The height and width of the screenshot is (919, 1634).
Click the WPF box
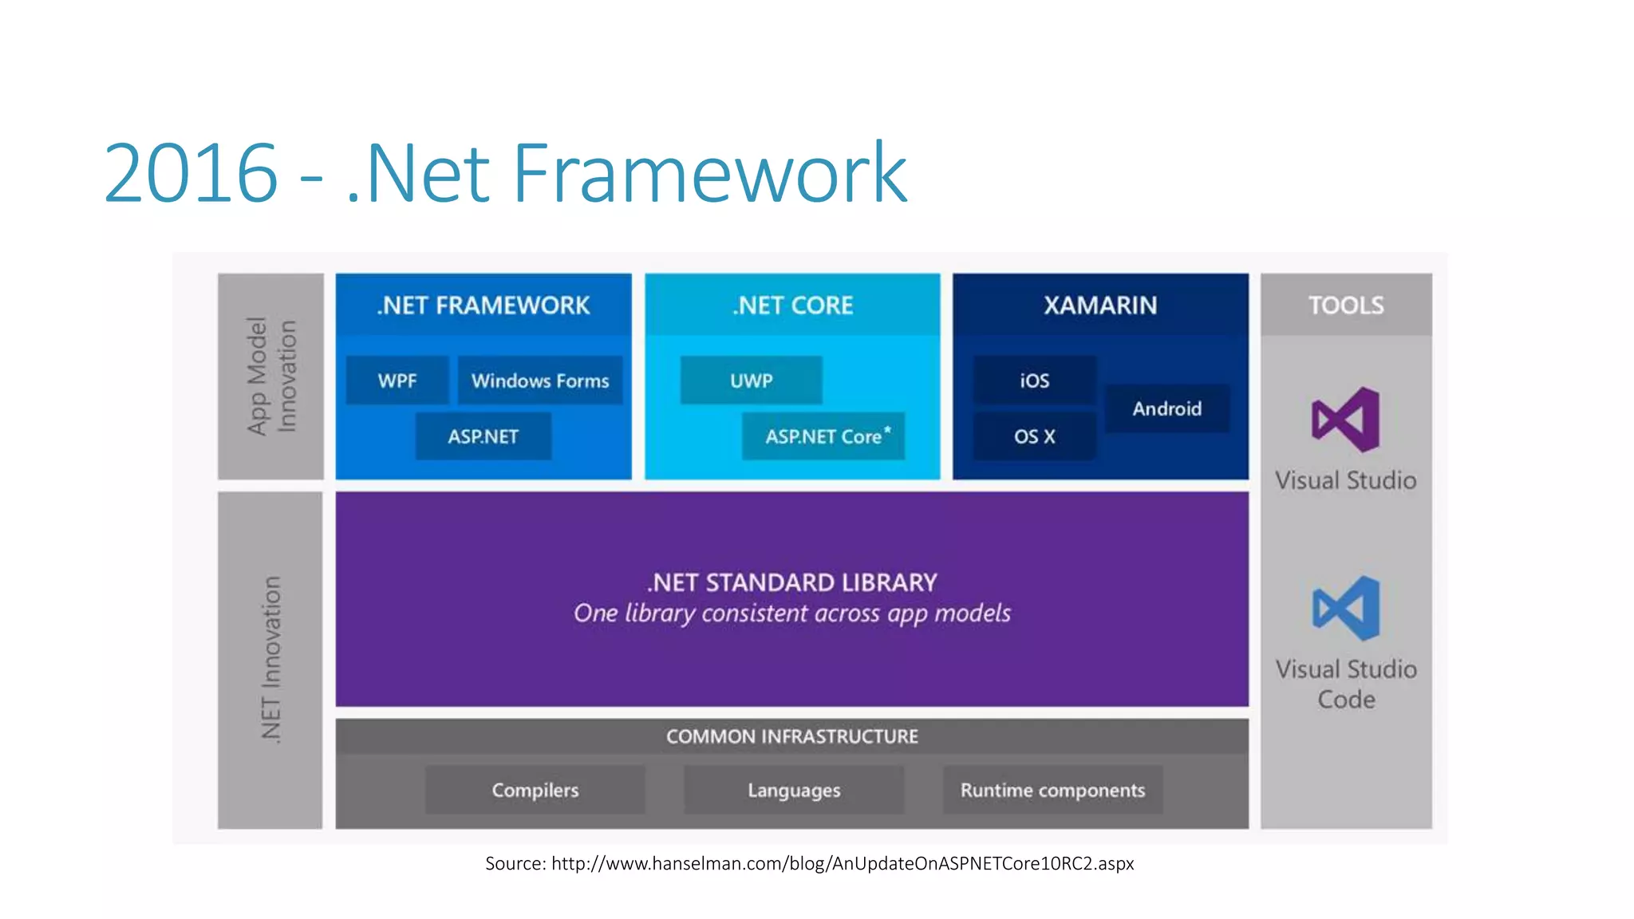(x=397, y=381)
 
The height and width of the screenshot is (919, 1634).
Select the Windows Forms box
(x=540, y=381)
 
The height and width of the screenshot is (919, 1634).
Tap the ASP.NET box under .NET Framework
(x=483, y=436)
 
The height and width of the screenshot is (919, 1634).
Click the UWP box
(x=751, y=381)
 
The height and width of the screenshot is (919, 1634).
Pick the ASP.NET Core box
(x=823, y=436)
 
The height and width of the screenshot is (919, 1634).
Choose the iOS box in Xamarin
(x=1034, y=381)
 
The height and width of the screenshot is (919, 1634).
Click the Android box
(x=1166, y=408)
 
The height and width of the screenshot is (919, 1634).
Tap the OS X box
(x=1034, y=436)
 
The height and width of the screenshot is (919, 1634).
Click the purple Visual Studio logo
(x=1346, y=420)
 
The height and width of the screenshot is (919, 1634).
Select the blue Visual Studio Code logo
(x=1346, y=608)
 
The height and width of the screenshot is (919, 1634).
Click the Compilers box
(x=535, y=790)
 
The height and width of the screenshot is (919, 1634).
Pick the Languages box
(x=794, y=790)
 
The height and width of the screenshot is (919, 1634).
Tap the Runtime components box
(x=1052, y=790)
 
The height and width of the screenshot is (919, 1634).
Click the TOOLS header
(x=1346, y=305)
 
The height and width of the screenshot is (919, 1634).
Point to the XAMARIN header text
(x=1100, y=305)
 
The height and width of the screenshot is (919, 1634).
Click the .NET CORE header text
(x=792, y=305)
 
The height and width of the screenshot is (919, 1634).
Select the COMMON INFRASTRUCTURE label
(x=792, y=736)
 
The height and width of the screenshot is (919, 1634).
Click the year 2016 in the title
(x=190, y=173)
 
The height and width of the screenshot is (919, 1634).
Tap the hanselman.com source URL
(x=842, y=863)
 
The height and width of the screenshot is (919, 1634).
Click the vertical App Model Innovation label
(x=271, y=376)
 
